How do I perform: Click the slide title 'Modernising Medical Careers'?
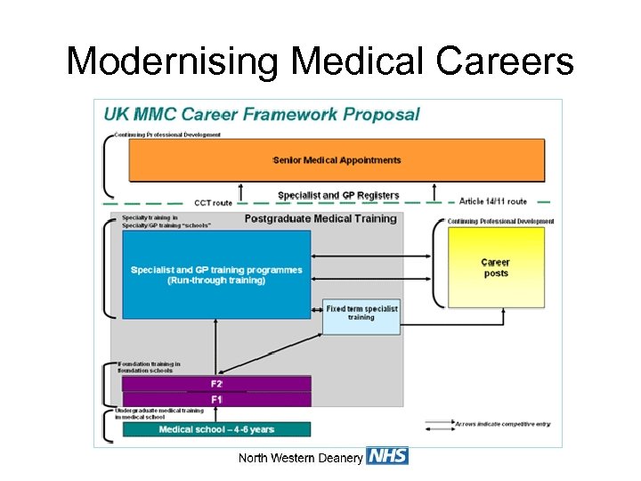coord(320,61)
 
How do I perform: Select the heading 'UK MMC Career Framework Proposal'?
coord(262,114)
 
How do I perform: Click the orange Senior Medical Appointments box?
coord(337,160)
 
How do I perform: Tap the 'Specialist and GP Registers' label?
coord(338,195)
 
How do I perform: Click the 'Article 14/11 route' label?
coord(493,201)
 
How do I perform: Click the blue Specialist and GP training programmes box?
coord(216,274)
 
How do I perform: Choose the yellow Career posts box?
coord(496,267)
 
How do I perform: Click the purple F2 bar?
coord(216,384)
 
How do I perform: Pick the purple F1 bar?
coord(216,399)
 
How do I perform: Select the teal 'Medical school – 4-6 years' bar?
coord(216,429)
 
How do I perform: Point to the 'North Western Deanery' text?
coord(300,458)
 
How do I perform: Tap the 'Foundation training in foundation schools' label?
coord(150,367)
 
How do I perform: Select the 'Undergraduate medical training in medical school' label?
coord(159,413)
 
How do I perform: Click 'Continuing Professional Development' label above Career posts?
coord(500,221)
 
